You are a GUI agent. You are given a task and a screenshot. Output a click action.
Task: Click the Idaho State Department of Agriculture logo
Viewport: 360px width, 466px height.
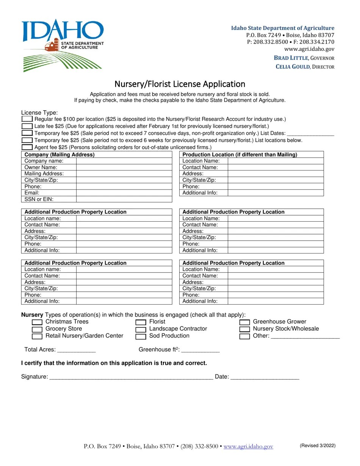pyautogui.click(x=63, y=45)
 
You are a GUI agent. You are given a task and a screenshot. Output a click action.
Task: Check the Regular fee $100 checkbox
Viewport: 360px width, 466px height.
pyautogui.click(x=27, y=119)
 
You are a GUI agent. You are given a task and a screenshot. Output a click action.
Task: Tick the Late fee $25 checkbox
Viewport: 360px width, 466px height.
pyautogui.click(x=27, y=126)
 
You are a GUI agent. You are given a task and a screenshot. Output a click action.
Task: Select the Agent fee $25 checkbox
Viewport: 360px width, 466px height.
pyautogui.click(x=27, y=147)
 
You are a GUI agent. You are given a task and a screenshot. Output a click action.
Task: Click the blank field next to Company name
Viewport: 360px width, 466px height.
pyautogui.click(x=124, y=161)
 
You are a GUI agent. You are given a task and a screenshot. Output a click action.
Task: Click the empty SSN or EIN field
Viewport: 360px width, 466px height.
pyautogui.click(x=124, y=199)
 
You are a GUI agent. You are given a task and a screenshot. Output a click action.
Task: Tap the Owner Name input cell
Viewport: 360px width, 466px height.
pyautogui.click(x=124, y=167)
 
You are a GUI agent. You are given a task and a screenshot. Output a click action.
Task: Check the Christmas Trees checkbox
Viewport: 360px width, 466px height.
pyautogui.click(x=37, y=322)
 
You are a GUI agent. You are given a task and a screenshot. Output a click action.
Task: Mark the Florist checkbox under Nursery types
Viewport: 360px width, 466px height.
pyautogui.click(x=141, y=322)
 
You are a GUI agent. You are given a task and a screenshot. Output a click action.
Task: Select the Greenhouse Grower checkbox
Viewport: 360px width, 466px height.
pyautogui.click(x=245, y=322)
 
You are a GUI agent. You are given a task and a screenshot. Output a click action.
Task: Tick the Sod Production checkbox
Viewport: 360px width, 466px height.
pyautogui.click(x=141, y=336)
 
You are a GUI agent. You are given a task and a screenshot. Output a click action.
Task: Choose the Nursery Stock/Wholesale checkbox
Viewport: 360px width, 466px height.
pyautogui.click(x=245, y=329)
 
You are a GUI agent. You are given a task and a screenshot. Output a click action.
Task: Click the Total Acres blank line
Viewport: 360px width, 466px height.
pyautogui.click(x=76, y=350)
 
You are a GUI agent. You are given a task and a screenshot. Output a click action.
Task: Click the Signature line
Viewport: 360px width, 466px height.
pyautogui.click(x=131, y=377)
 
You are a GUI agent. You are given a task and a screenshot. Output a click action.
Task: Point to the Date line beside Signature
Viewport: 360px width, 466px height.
pyautogui.click(x=265, y=377)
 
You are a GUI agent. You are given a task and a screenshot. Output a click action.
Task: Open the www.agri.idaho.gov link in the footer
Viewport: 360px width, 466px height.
pyautogui.click(x=248, y=447)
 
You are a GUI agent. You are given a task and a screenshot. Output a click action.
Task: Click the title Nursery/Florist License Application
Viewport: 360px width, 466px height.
pyautogui.click(x=180, y=84)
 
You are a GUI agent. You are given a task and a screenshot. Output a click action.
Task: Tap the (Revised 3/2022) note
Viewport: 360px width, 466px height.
pyautogui.click(x=318, y=446)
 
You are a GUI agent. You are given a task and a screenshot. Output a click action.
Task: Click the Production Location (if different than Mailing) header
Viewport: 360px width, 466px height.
pyautogui.click(x=240, y=155)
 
